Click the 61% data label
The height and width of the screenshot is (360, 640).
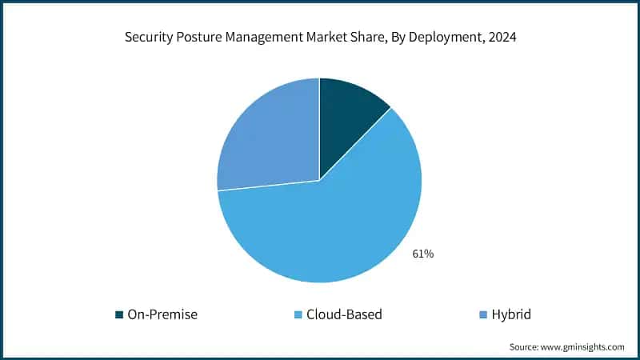[423, 254]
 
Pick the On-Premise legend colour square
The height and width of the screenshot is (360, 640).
[120, 314]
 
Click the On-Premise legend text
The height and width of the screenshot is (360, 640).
[162, 314]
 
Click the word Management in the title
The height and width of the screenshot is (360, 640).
[273, 38]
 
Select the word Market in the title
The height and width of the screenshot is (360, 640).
[337, 38]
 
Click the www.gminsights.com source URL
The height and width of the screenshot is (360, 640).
[583, 346]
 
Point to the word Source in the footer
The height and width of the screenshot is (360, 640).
[524, 346]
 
